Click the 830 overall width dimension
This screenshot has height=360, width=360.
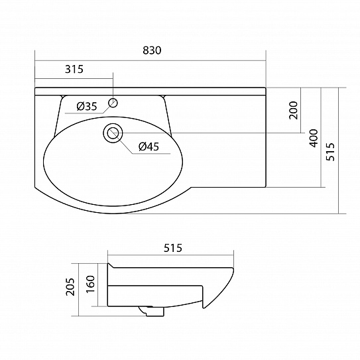(152, 50)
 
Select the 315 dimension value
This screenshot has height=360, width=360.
(74, 69)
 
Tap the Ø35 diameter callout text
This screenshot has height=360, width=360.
(87, 106)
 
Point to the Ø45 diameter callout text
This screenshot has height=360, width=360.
(149, 147)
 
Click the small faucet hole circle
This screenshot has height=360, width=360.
(113, 103)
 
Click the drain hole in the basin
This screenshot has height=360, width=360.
(113, 133)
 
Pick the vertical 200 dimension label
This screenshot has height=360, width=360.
(293, 110)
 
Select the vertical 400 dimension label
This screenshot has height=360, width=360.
(314, 138)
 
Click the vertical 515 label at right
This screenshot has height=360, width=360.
(331, 152)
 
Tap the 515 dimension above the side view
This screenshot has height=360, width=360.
(173, 248)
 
